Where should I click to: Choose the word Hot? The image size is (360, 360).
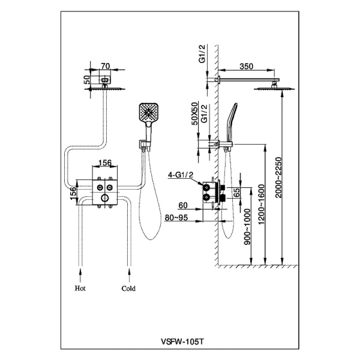pyautogui.click(x=80, y=288)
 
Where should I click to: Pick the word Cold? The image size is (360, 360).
pyautogui.click(x=128, y=288)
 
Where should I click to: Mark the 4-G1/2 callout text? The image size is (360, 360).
pyautogui.click(x=181, y=175)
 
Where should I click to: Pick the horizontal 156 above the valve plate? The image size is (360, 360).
pyautogui.click(x=105, y=162)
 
